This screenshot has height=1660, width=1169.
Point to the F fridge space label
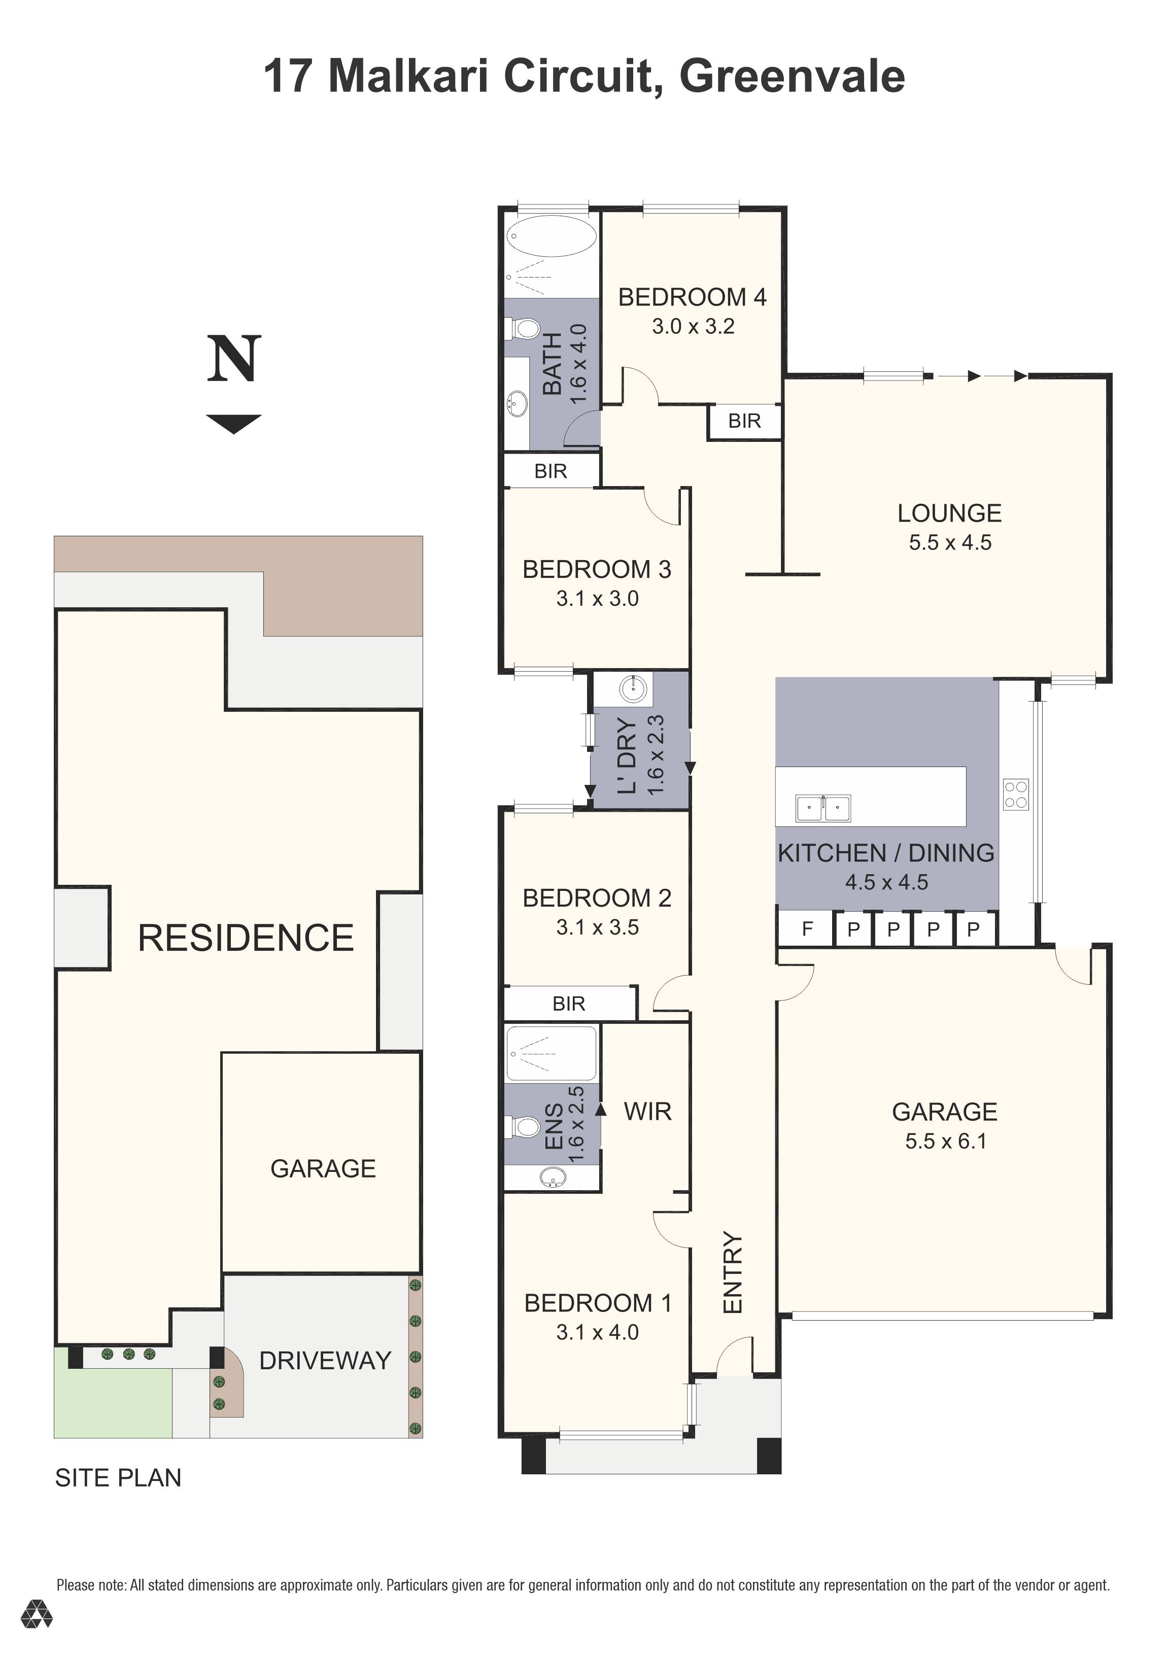coord(808,929)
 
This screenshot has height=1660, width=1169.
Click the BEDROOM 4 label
coord(692,297)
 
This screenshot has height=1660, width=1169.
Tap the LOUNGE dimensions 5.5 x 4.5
coord(950,542)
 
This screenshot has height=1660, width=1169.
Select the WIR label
coord(647,1111)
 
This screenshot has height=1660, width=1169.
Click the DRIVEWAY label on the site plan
coord(325,1361)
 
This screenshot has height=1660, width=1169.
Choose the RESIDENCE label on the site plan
coord(246,938)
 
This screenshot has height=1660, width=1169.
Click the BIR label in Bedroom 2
coord(568,1004)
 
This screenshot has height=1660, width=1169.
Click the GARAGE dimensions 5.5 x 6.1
coord(945,1141)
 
